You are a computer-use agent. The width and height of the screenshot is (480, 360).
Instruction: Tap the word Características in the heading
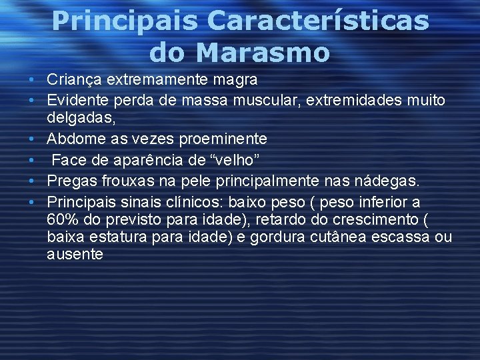(318, 21)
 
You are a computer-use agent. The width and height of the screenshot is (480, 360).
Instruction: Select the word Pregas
(71, 181)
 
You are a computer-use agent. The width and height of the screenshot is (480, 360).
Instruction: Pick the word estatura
(114, 237)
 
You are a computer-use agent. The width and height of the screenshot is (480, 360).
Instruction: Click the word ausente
(75, 255)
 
